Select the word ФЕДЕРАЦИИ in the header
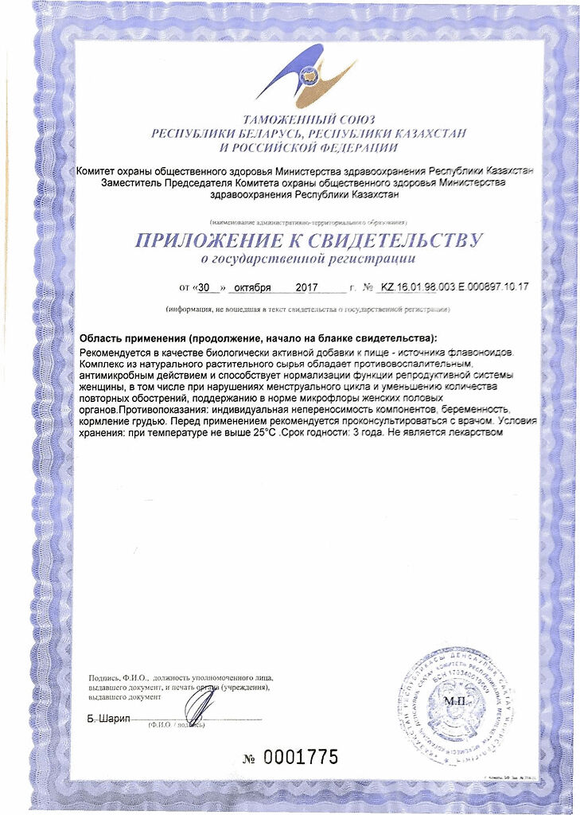pos(356,148)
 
